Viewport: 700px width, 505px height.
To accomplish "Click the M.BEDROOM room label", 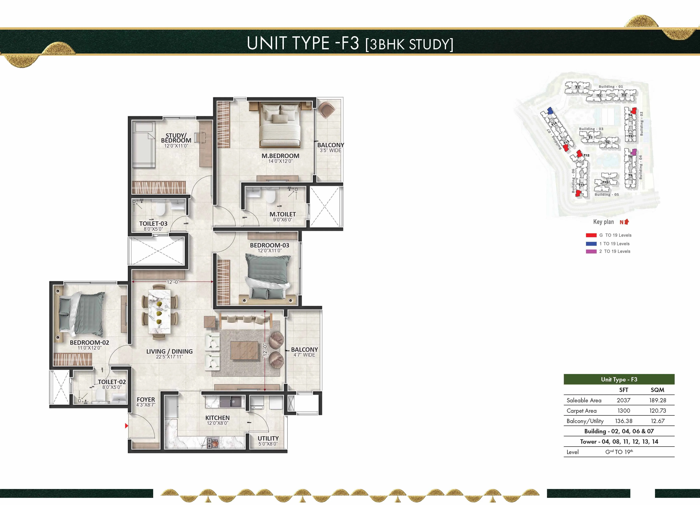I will [x=280, y=156].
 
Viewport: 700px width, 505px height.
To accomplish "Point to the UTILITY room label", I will [x=268, y=438].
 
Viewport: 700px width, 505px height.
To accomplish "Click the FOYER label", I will [x=146, y=399].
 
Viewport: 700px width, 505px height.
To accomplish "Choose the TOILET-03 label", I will [x=153, y=223].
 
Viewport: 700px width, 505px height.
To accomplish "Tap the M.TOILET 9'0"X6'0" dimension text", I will [x=282, y=220].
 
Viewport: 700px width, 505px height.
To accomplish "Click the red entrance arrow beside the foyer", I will [x=126, y=426].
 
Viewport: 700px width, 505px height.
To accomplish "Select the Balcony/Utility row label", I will [x=585, y=421].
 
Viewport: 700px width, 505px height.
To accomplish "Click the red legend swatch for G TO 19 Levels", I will [x=591, y=235].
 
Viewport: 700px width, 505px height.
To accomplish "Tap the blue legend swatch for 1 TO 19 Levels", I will [x=591, y=243].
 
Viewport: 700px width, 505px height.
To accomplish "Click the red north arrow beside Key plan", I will [x=626, y=222].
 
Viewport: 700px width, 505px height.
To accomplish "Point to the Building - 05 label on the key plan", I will [x=606, y=194].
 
